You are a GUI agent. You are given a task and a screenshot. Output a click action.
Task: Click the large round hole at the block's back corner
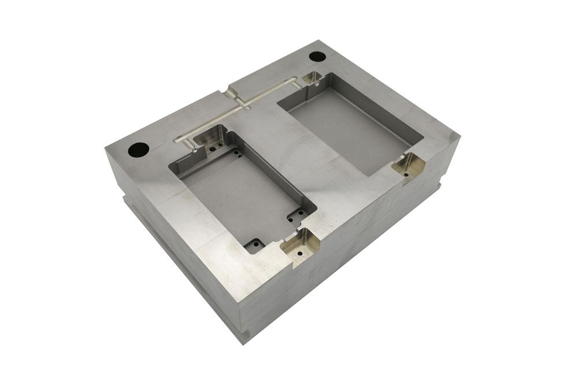pyautogui.click(x=317, y=57)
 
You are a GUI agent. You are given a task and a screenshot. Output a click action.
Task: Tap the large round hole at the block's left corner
pyautogui.click(x=139, y=150)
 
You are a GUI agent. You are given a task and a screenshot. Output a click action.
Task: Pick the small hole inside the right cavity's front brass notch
pyautogui.click(x=406, y=172)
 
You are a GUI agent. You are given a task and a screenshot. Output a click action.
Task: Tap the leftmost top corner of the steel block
pyautogui.click(x=106, y=147)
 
